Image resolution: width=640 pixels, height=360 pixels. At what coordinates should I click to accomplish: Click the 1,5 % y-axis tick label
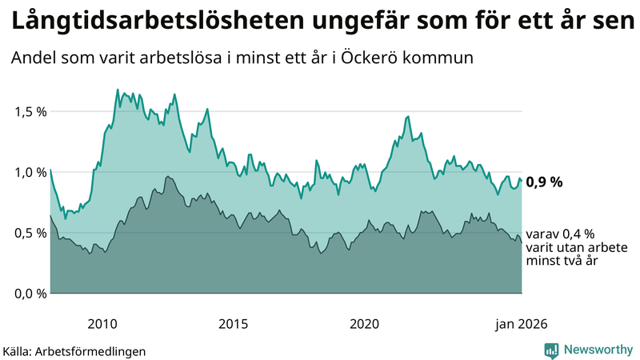click(x=31, y=111)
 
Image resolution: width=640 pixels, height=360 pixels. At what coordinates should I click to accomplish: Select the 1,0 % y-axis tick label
click(x=31, y=172)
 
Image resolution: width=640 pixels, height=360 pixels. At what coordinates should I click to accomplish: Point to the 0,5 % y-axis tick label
click(x=31, y=233)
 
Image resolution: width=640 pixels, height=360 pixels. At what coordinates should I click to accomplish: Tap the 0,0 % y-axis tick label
click(x=31, y=294)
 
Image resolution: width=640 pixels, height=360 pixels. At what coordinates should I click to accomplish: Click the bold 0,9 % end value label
click(x=545, y=182)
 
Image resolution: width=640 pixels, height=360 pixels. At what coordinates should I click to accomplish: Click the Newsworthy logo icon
click(x=551, y=350)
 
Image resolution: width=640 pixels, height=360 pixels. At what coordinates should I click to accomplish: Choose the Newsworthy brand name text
click(x=598, y=350)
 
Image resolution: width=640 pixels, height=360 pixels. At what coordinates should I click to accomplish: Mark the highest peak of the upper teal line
click(x=118, y=90)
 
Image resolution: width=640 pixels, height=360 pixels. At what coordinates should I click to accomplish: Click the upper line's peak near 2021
click(x=408, y=116)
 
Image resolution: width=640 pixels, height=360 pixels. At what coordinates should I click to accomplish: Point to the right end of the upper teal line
click(x=522, y=181)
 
